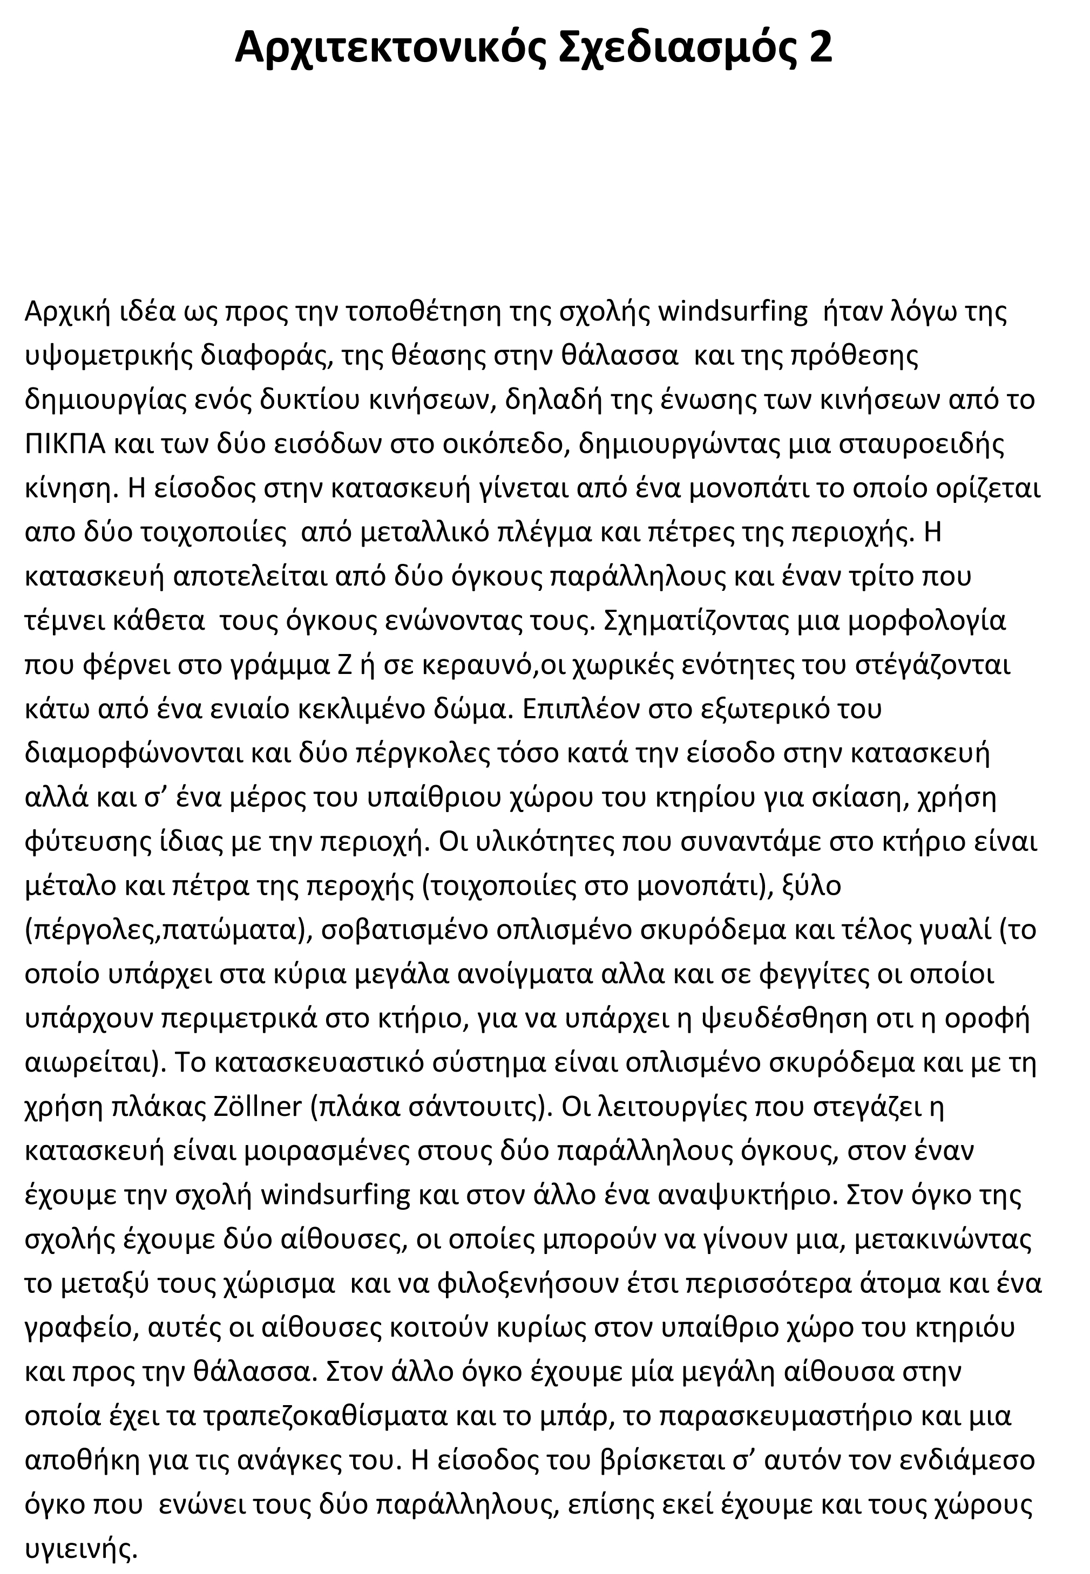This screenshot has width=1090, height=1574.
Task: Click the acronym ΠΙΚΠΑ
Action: point(65,444)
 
